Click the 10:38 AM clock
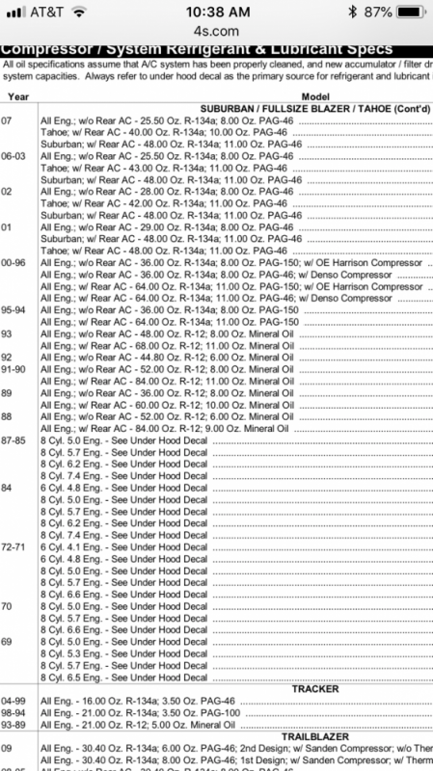click(x=216, y=12)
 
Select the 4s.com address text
click(x=216, y=31)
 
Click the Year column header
click(x=18, y=97)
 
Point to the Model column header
click(x=315, y=97)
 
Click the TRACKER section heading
click(x=315, y=689)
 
